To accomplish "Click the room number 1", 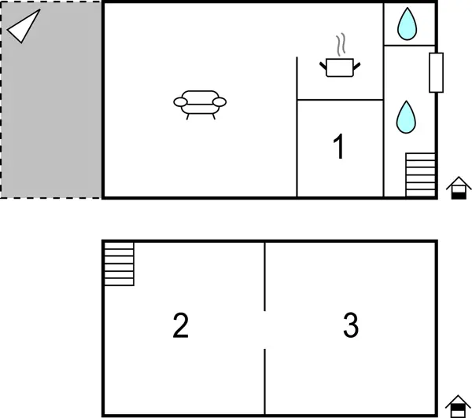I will point(339,147).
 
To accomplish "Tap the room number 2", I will point(181,325).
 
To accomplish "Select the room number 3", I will point(351,325).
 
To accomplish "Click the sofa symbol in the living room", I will point(199,102).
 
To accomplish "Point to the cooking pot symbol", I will point(341,68).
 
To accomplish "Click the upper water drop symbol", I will point(407,24).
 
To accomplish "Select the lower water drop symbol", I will point(406,117).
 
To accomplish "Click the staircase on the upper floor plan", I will point(420,174).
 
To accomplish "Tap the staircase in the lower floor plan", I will point(119,264).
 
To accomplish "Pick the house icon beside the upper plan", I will point(459,189).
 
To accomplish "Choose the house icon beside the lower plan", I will point(458,406).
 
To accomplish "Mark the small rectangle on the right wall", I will point(437,72).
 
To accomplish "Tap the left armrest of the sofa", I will point(180,101).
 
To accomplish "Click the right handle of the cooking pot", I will point(359,66).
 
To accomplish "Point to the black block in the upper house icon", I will point(459,195).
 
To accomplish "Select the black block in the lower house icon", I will point(458,412).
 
